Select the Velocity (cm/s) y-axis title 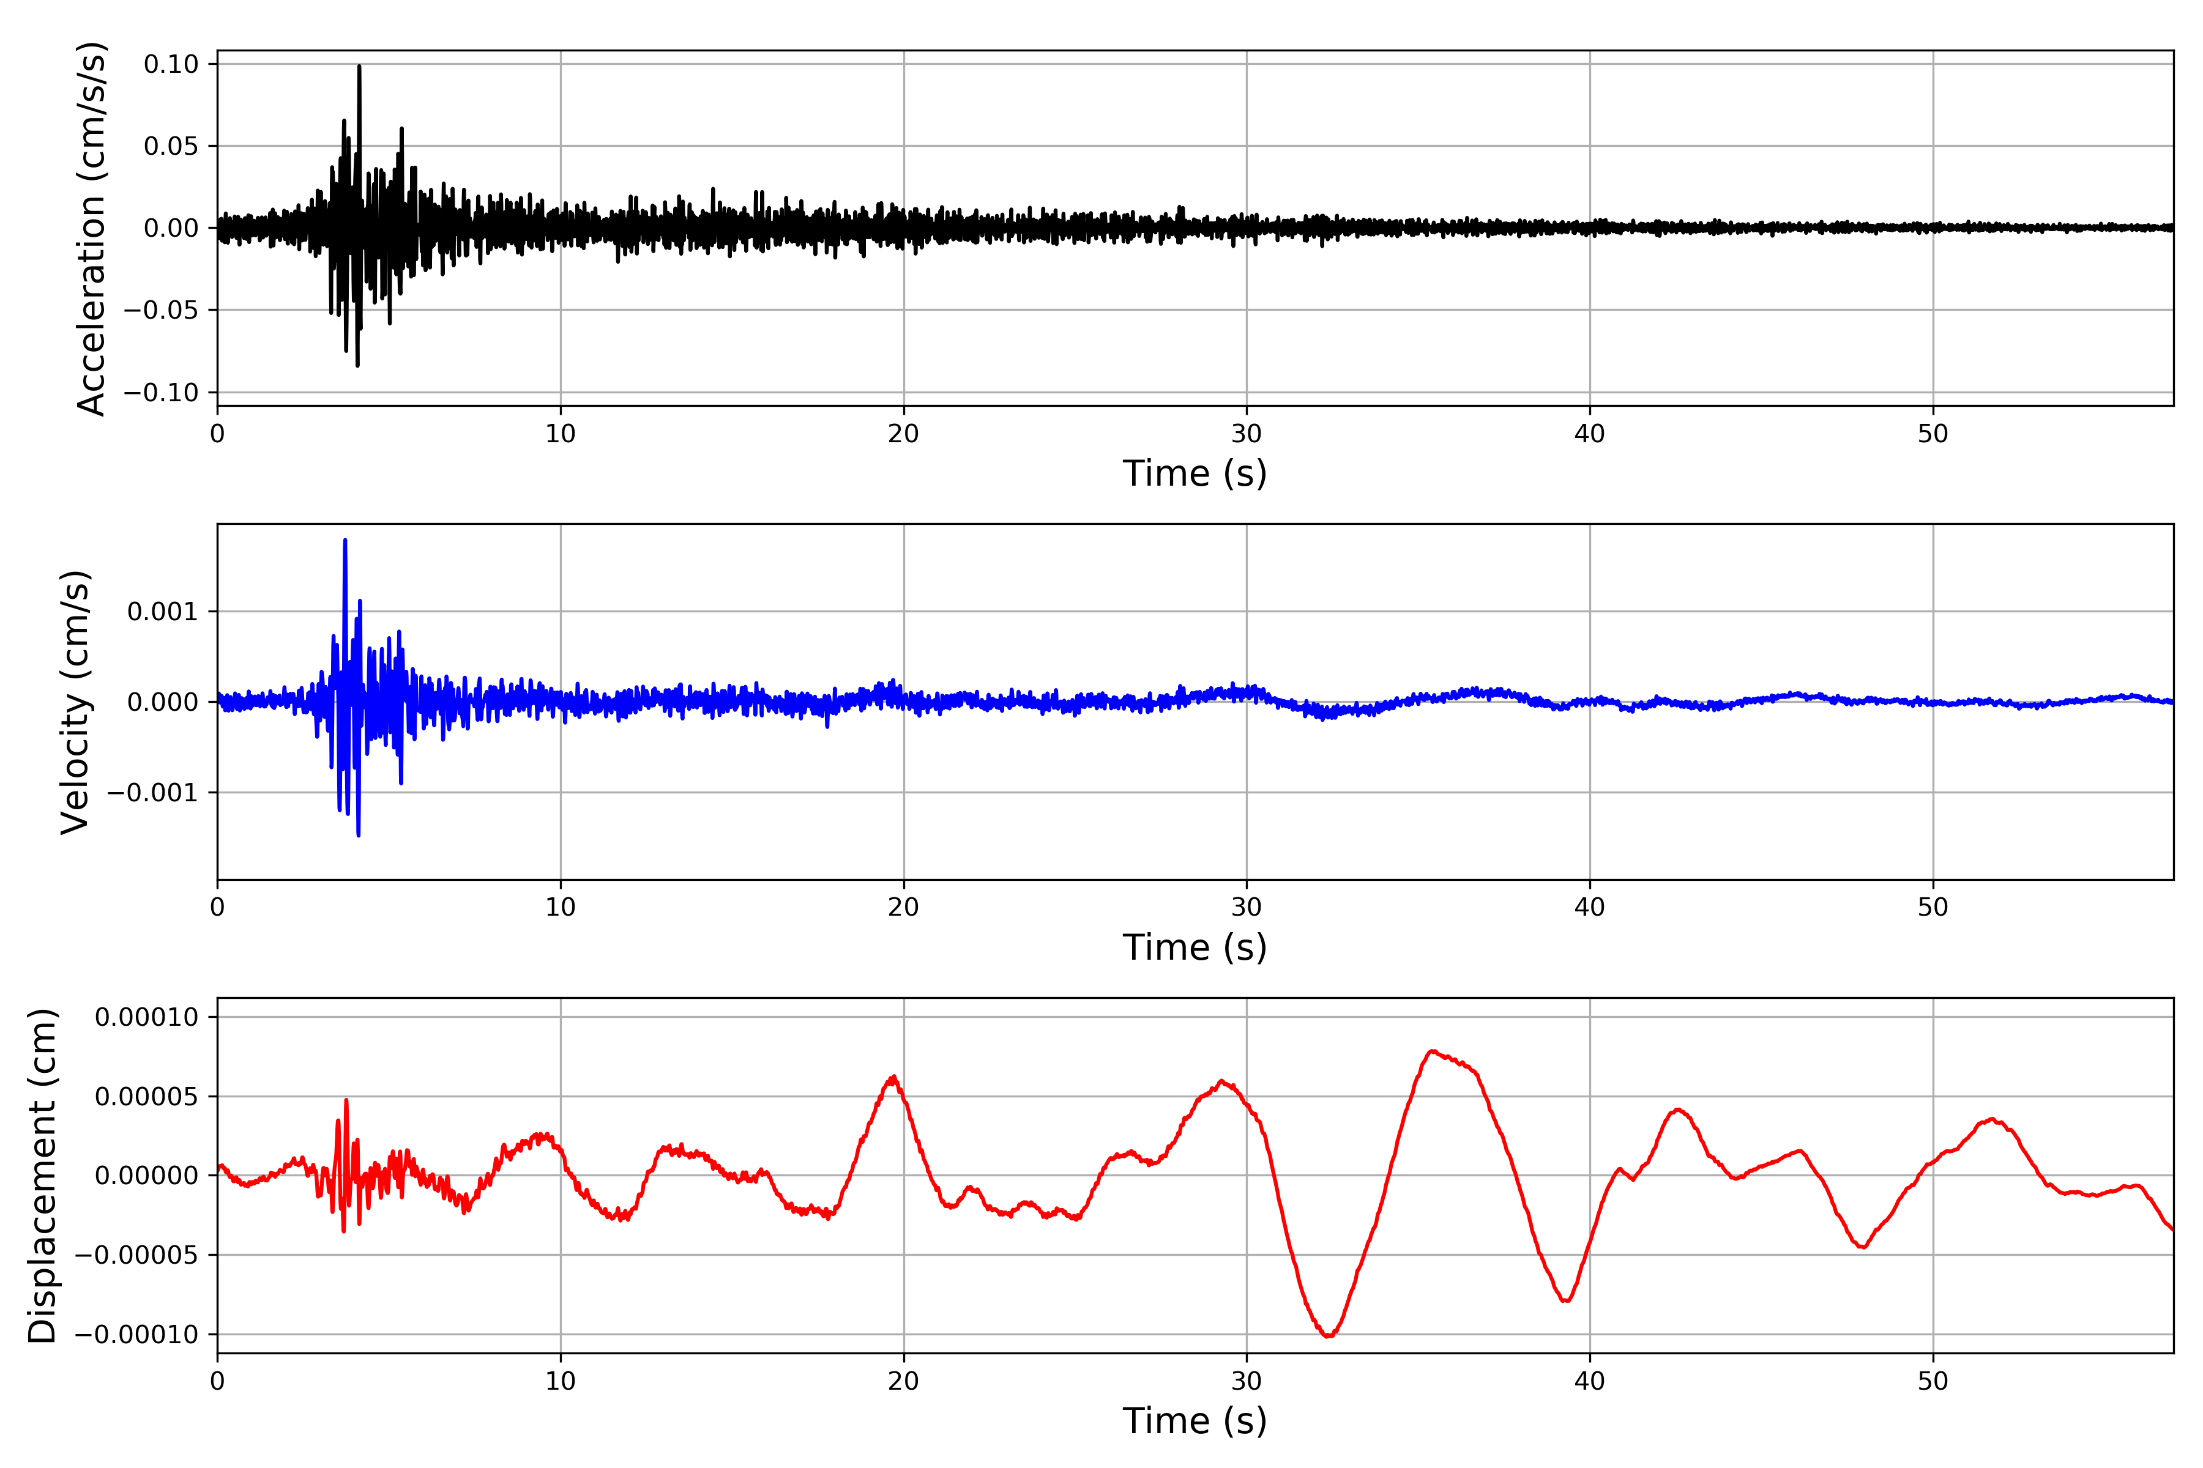coord(75,702)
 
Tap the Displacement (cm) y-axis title coord(42,1176)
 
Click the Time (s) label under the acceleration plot coord(1195,473)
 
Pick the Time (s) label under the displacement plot coord(1195,1421)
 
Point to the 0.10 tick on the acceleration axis coord(171,65)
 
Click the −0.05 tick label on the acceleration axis coord(161,310)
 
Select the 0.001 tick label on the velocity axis coord(163,612)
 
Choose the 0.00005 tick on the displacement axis coord(147,1096)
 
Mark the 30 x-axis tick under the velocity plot coord(1247,907)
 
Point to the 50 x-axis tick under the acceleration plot coord(1933,434)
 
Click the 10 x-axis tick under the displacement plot coord(560,1381)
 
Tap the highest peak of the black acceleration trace coord(359,67)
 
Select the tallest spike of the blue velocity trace coord(345,540)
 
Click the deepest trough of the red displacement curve coord(1328,1336)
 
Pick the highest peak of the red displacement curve coord(1432,1051)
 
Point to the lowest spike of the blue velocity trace coord(359,835)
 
